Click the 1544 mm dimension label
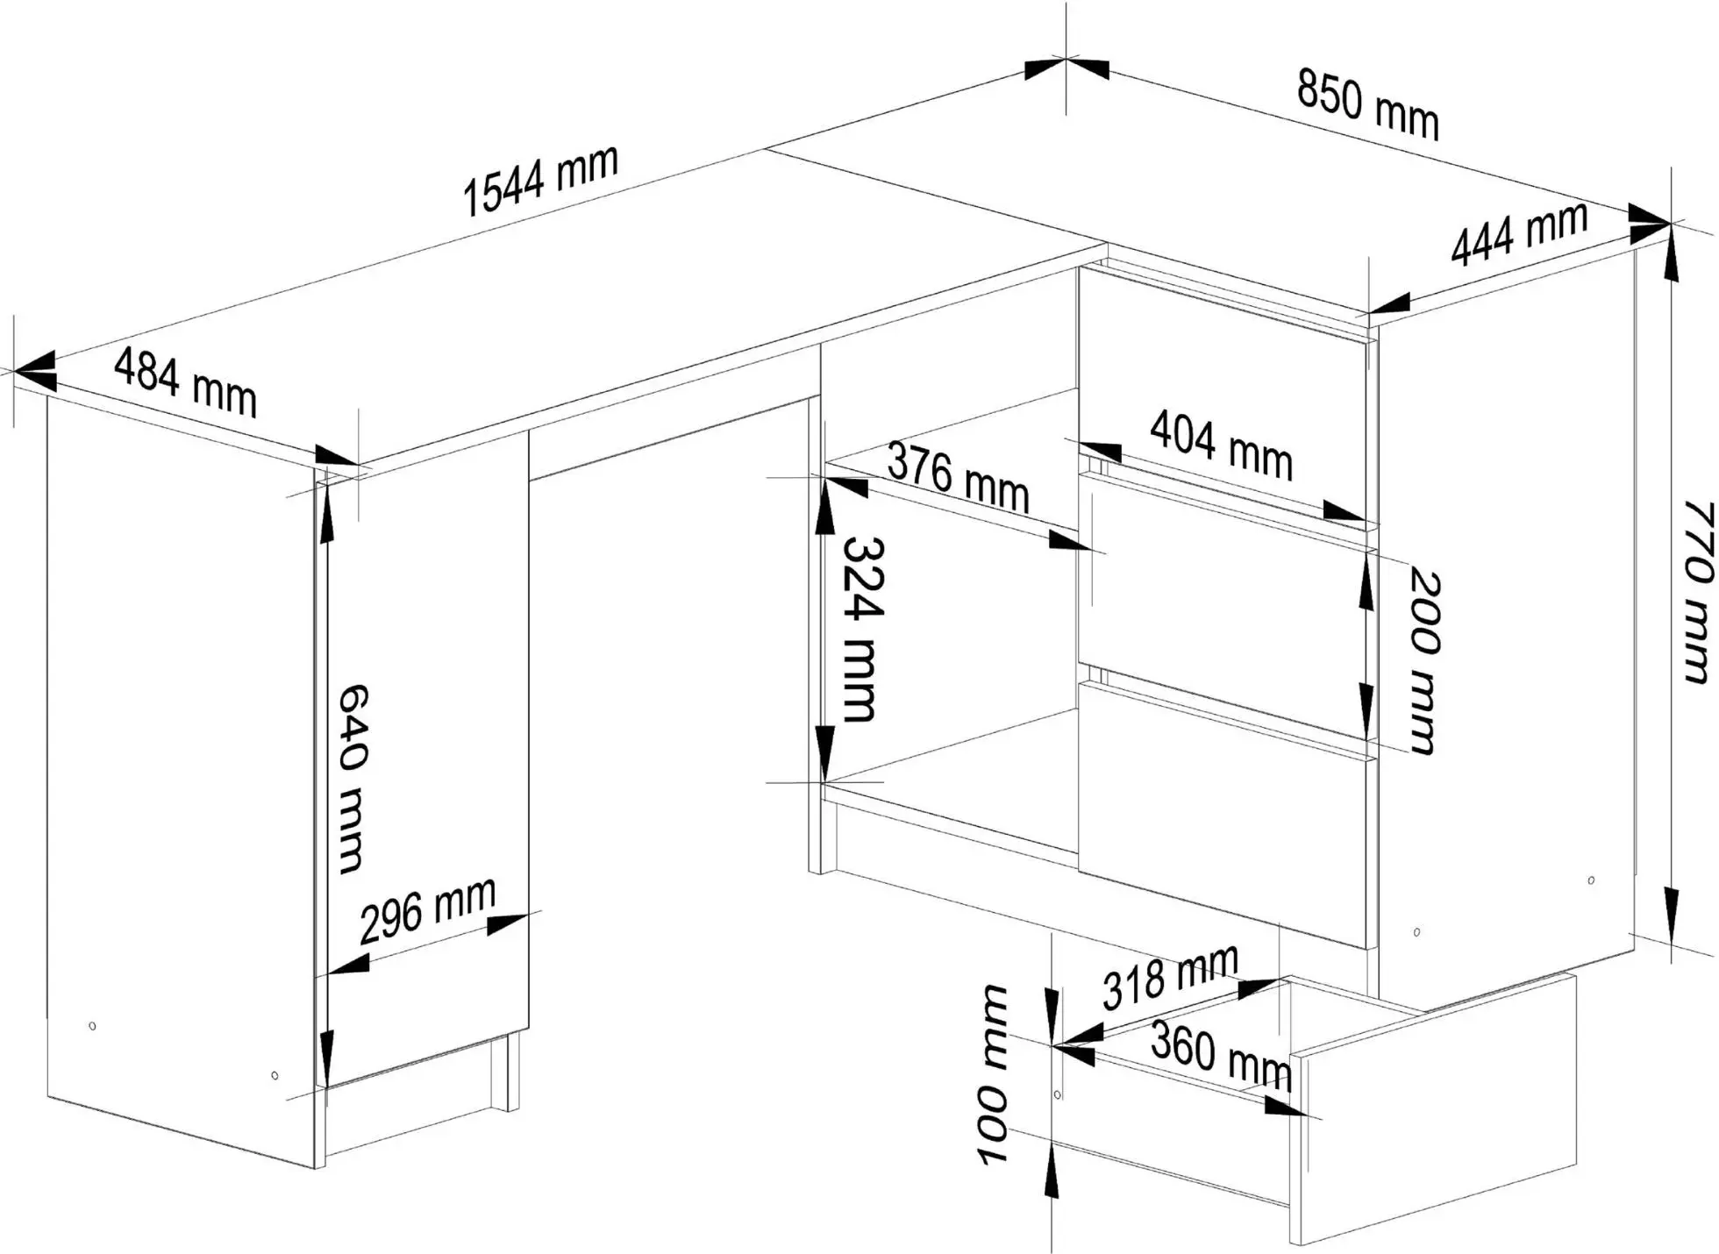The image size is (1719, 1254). point(540,181)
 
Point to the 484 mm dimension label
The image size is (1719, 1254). point(185,382)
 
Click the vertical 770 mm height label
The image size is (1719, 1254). point(1698,591)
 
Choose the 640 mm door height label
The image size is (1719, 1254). point(352,779)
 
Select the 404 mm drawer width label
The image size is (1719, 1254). point(1221,445)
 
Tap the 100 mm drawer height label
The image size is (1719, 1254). point(993,1074)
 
